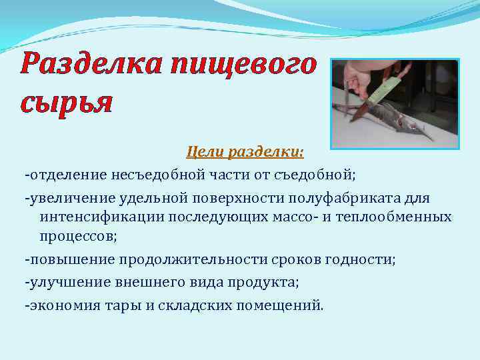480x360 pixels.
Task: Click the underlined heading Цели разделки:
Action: click(x=245, y=153)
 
